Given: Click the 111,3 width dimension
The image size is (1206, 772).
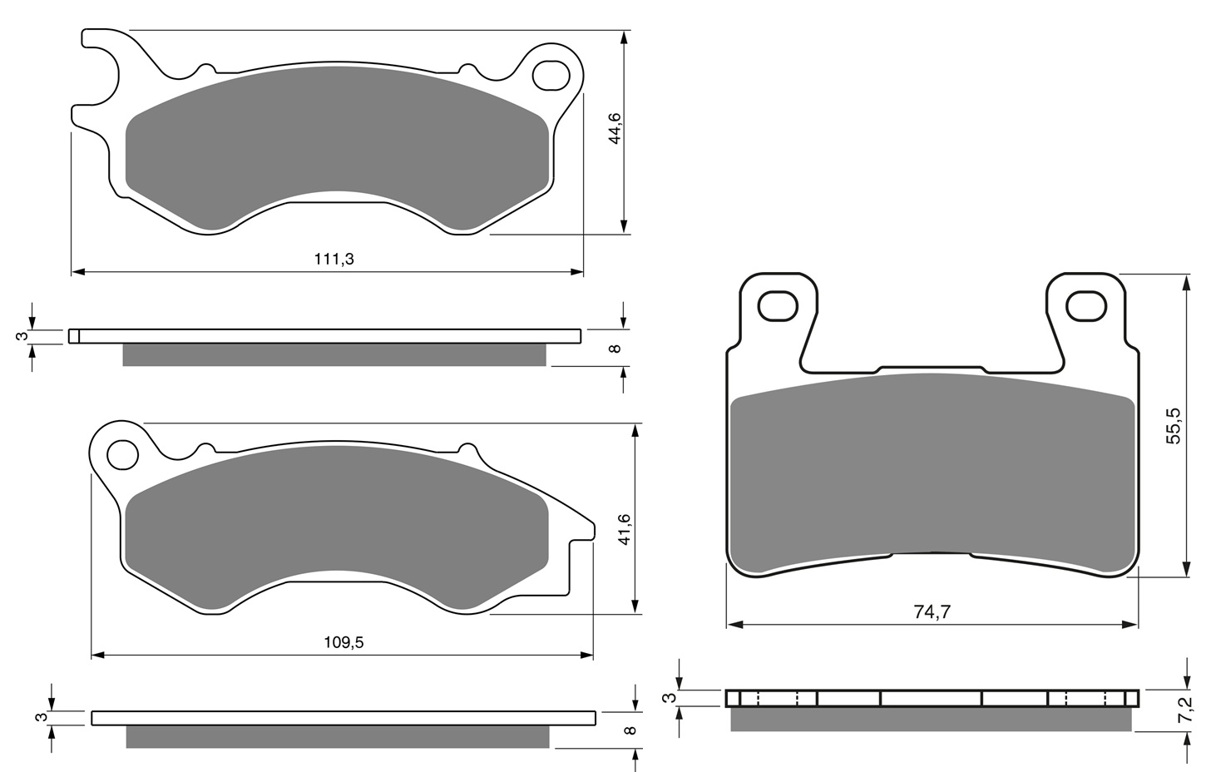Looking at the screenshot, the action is pos(334,259).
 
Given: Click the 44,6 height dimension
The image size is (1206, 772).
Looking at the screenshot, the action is pos(615,128).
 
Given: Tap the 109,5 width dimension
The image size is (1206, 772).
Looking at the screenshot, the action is pos(344,642).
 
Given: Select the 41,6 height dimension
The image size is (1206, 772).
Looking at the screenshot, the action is pos(624,529).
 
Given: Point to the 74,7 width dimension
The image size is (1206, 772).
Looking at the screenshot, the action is pos(932,612).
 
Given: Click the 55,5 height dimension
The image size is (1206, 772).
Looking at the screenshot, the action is pos(1174,425).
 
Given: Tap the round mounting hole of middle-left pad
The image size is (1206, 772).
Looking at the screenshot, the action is pos(123,455).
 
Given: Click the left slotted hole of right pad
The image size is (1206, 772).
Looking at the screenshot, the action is pos(778,306).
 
